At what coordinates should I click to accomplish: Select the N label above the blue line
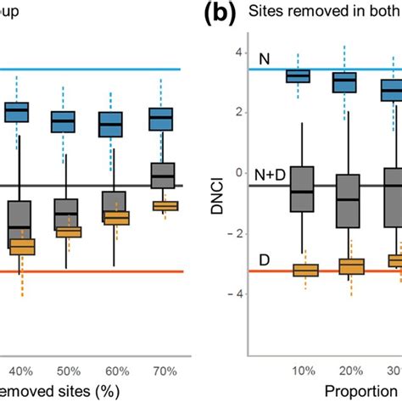click(x=264, y=56)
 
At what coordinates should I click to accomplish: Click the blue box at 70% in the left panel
click(x=161, y=120)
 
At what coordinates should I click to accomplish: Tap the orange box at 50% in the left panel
click(x=67, y=232)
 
